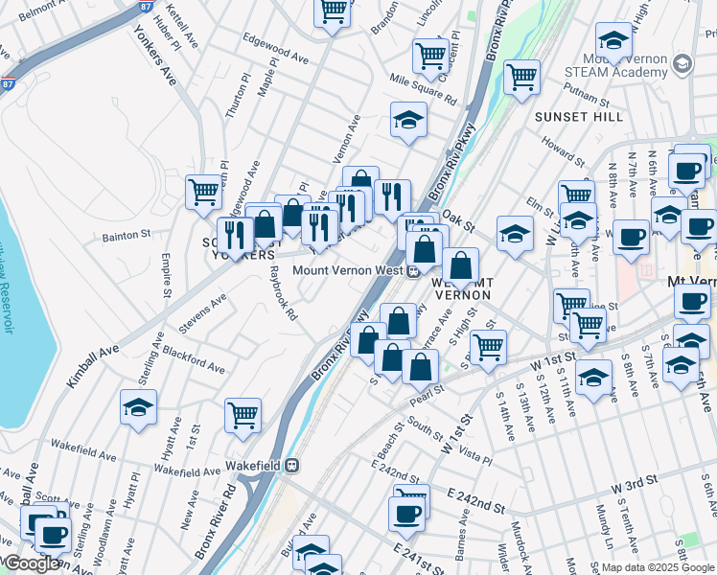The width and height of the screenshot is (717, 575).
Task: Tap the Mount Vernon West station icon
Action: point(413,271)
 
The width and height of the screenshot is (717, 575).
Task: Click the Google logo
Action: point(33,563)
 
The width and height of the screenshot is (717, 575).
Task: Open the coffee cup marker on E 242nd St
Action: point(406,514)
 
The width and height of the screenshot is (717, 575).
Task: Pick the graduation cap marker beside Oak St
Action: point(515,234)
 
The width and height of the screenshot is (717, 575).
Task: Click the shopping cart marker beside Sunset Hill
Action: point(521,76)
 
